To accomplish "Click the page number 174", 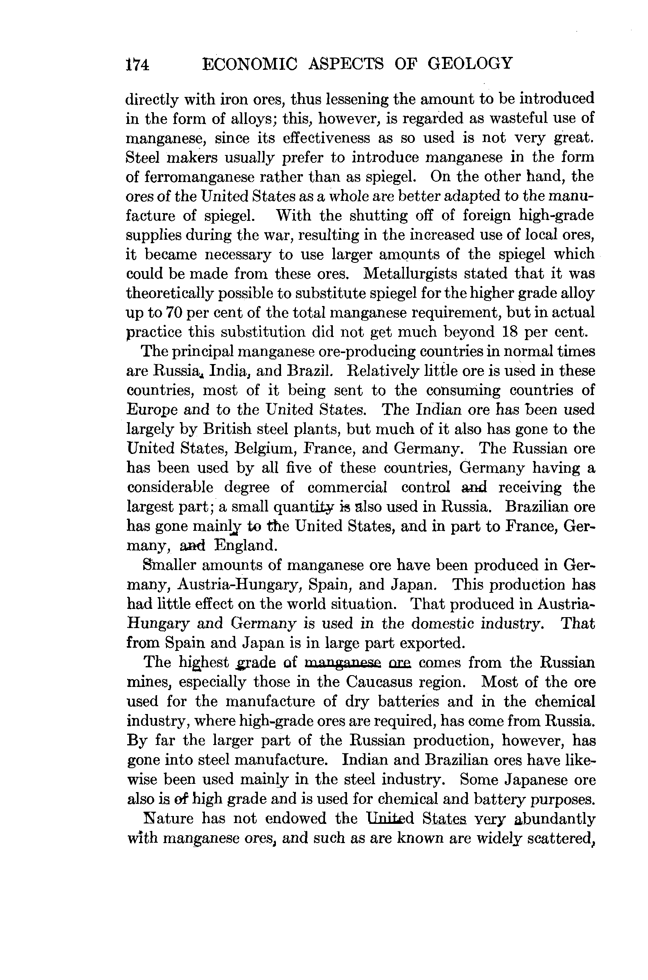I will [x=138, y=65].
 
